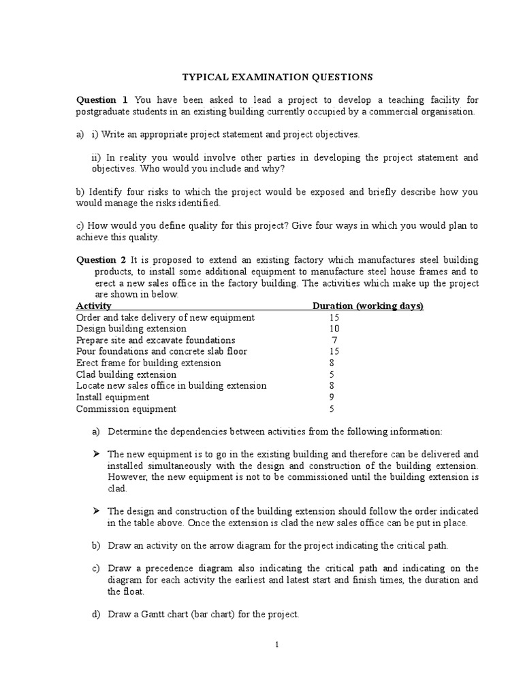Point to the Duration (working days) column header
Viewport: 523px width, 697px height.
368,306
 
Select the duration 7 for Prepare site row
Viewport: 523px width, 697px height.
334,340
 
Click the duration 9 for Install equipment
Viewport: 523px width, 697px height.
332,398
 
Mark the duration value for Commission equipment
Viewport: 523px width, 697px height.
332,409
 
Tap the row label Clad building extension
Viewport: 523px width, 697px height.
126,374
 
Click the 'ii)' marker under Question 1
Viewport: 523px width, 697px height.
96,158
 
